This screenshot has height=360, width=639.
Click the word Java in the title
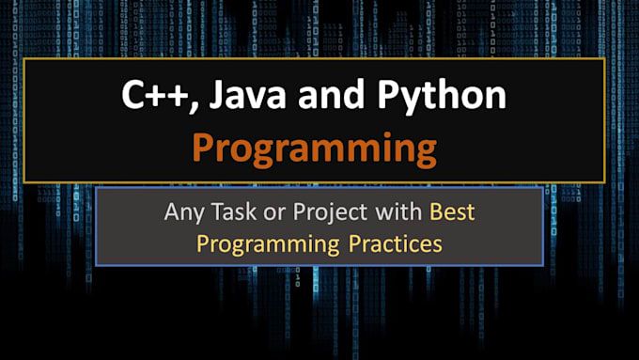pyautogui.click(x=247, y=94)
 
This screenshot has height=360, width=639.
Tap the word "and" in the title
pyautogui.click(x=331, y=94)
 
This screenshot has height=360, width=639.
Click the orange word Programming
pyautogui.click(x=315, y=149)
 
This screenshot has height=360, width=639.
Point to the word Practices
pyautogui.click(x=396, y=243)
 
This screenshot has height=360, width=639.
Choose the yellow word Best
pyautogui.click(x=452, y=211)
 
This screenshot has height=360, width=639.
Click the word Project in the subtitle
pyautogui.click(x=331, y=212)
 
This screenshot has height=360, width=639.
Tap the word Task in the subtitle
pyautogui.click(x=234, y=211)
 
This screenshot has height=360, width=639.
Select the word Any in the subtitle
pyautogui.click(x=184, y=212)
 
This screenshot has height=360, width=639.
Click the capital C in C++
pyautogui.click(x=134, y=94)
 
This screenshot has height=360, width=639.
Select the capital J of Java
pyautogui.click(x=216, y=95)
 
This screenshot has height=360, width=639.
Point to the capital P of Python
pyautogui.click(x=389, y=94)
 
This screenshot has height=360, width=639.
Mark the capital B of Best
pyautogui.click(x=436, y=211)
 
